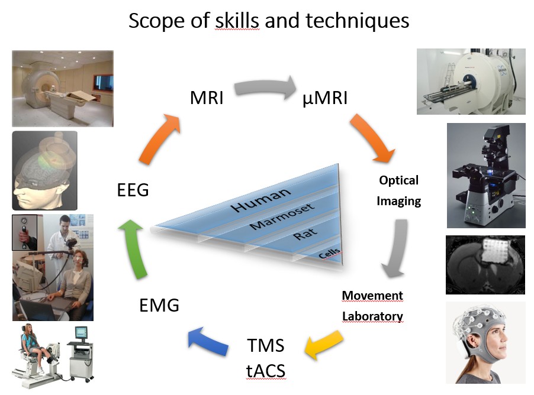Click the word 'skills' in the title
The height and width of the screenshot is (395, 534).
pos(235,21)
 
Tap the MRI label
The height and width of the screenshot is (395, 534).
pos(207,98)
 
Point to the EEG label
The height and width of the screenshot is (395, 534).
pos(133,190)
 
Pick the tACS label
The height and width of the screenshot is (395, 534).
pos(265,371)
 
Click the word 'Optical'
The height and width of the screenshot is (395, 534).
pos(398,180)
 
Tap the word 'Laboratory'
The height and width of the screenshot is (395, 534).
pos(372,316)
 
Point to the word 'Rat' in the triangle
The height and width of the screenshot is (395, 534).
pos(301,235)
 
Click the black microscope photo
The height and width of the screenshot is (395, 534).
pos(486,175)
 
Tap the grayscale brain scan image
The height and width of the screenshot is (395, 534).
pos(485,264)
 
